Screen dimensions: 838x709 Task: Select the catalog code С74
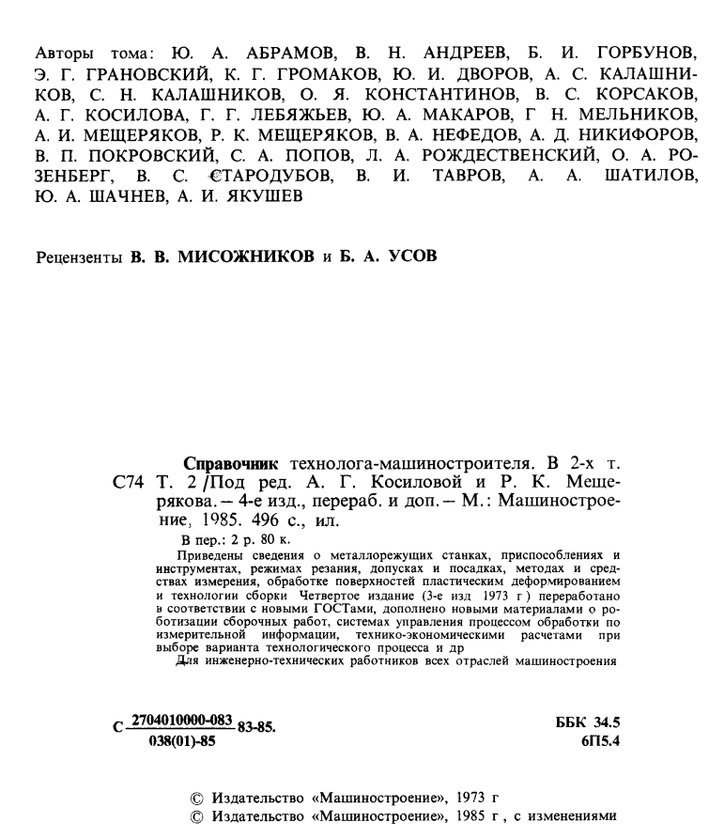[x=128, y=484]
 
